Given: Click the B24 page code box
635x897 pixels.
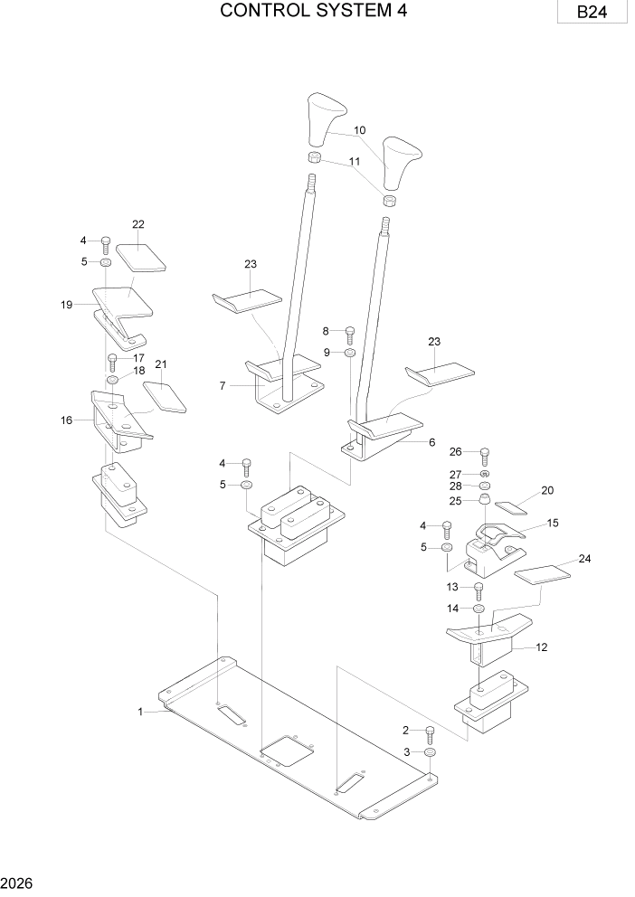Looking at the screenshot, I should coord(593,14).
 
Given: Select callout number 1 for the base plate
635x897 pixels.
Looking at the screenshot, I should coord(140,712).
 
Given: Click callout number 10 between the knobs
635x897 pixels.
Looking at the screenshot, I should coord(359,130).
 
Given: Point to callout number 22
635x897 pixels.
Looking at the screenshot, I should coord(137,223).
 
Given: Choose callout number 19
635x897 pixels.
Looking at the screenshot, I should coord(66,305).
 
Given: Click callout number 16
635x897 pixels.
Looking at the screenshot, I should coord(66,420).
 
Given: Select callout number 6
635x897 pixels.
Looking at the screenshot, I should coord(431,442).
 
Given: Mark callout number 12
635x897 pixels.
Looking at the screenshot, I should coord(542,647).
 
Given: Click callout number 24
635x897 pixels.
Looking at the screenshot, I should coord(584,559).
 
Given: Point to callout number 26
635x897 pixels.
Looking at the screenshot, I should coord(455,452).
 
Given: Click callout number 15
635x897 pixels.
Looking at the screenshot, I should coord(553,523).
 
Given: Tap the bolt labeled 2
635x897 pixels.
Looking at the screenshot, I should coord(430,732).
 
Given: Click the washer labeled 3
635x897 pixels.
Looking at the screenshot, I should coord(431,752).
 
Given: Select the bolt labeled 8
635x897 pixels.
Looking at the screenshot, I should coord(350,334).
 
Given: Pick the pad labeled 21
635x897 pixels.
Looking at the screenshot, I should coord(165,396).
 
